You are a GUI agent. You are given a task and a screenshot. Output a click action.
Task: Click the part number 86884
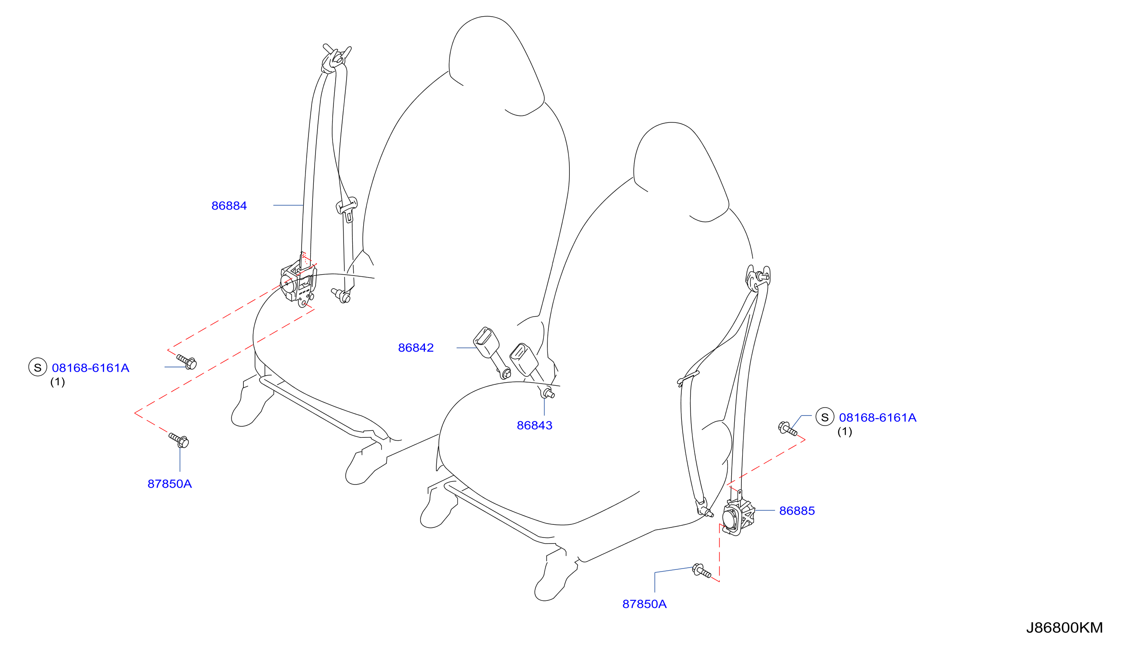coord(229,206)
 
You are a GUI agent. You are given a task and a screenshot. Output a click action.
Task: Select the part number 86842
coord(416,348)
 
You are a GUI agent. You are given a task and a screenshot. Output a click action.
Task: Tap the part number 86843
coord(534,425)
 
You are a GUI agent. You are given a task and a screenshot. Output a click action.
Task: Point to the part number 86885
coord(796,511)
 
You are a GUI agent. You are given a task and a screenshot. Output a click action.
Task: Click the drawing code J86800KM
coord(1064,628)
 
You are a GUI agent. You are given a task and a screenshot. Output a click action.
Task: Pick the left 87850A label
coord(169,484)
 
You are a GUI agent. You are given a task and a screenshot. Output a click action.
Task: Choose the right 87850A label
coord(644,604)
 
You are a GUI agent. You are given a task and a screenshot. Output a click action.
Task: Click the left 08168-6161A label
coord(91,368)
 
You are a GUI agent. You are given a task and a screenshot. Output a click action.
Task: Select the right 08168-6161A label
coord(877,418)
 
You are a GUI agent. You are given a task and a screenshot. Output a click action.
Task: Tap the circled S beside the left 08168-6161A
coord(38,367)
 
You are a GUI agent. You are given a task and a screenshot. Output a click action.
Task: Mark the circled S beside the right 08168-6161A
coord(824,417)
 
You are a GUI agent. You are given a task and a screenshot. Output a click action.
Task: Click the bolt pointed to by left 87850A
coord(179,440)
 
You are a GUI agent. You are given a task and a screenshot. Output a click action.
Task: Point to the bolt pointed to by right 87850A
coord(702,571)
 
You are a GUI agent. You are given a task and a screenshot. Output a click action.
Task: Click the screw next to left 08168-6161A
coord(186,362)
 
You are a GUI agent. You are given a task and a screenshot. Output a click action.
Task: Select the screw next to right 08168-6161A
coord(788,428)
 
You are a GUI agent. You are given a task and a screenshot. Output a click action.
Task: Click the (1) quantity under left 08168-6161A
coord(57,382)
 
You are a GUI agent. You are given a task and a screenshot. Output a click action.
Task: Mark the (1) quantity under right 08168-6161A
coord(844,432)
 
